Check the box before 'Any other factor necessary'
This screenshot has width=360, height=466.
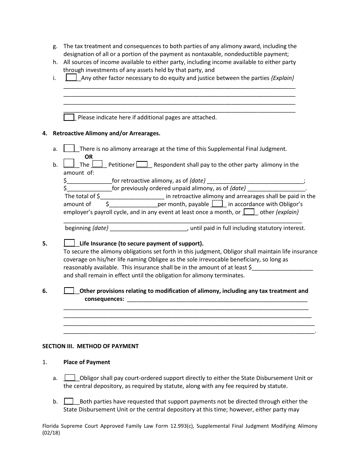click(71, 77)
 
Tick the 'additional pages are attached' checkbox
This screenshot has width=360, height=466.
click(69, 117)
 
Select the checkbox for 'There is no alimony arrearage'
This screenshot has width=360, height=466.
click(69, 149)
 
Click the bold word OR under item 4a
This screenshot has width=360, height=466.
click(88, 156)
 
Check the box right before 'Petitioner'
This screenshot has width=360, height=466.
click(97, 164)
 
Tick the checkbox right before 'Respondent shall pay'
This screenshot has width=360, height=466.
click(142, 164)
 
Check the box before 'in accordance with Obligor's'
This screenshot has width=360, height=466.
click(217, 204)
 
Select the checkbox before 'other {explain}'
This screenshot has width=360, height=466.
click(249, 212)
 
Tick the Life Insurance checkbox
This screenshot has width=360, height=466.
click(69, 243)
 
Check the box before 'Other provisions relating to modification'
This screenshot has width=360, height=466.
click(69, 291)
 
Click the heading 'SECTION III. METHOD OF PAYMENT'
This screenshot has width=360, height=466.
click(91, 346)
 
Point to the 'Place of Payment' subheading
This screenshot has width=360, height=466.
click(87, 362)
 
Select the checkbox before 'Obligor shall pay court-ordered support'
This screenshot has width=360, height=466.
click(69, 377)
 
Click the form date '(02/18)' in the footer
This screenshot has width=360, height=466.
click(51, 433)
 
